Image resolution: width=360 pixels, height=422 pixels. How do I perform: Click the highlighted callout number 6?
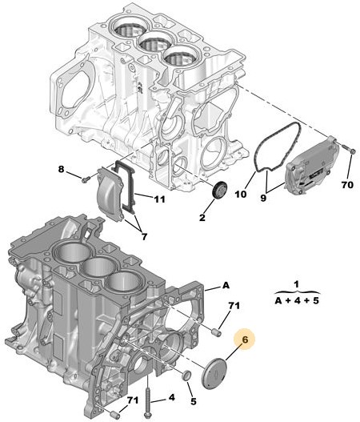245,340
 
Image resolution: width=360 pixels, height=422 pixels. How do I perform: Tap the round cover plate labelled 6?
214,373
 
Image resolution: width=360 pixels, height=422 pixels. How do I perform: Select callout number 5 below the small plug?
194,401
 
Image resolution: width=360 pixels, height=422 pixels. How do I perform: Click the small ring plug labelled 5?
186,376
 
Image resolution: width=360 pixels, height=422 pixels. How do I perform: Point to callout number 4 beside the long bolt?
171,397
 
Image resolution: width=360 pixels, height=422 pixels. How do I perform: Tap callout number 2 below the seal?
202,217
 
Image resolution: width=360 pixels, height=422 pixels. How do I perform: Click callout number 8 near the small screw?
62,169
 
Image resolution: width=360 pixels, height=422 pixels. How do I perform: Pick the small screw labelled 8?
86,179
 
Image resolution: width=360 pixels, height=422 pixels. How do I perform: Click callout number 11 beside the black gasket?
159,199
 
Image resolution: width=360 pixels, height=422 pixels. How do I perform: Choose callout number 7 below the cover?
144,236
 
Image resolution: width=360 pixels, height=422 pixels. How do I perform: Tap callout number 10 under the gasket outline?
241,194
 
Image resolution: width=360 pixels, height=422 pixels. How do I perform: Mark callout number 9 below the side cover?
263,198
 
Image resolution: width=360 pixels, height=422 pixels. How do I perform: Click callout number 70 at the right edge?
347,185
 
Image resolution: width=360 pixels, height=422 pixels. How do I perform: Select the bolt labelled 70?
349,149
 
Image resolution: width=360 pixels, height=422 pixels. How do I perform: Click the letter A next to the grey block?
226,285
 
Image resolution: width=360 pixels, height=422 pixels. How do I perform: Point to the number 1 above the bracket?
296,285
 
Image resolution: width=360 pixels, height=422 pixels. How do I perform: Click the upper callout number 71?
234,306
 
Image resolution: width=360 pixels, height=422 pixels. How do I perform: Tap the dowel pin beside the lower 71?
115,414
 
